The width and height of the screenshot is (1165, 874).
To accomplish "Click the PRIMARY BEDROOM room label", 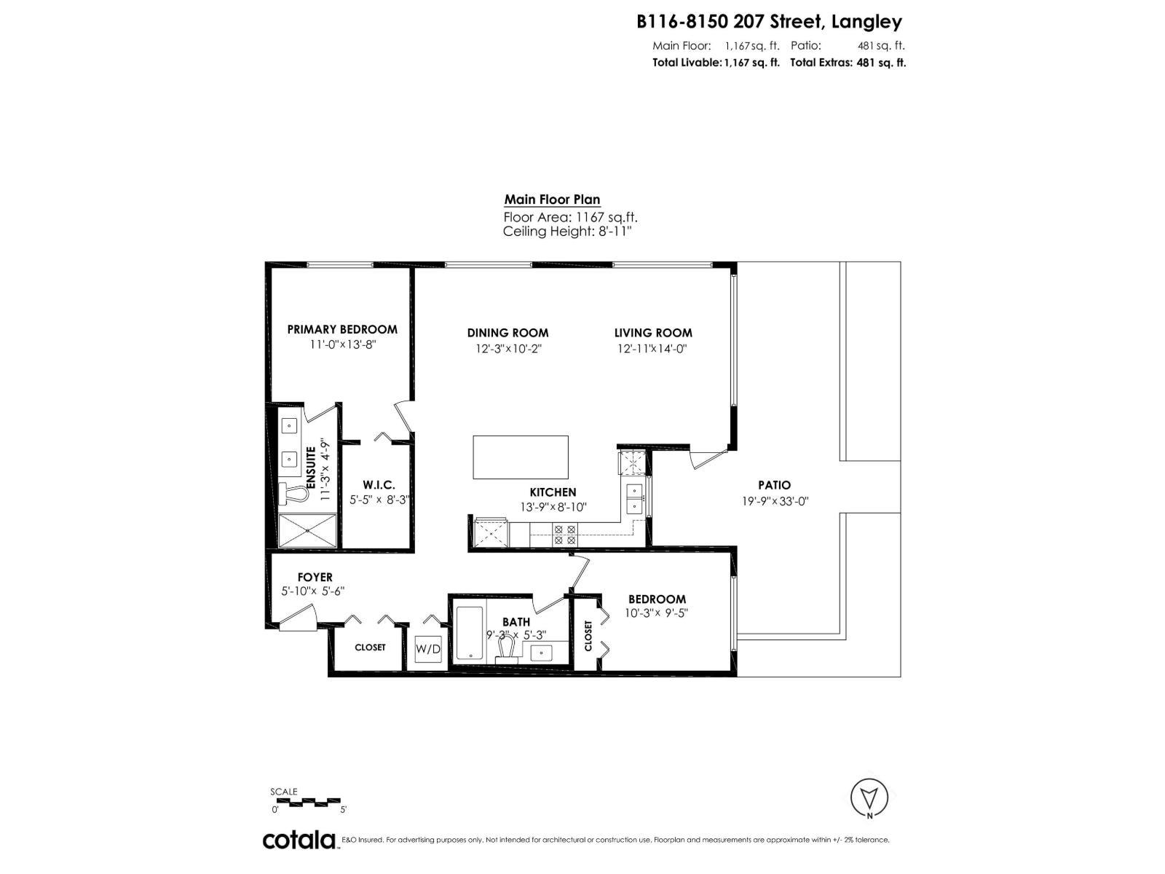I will tap(342, 329).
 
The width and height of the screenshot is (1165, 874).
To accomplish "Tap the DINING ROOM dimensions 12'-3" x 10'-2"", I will tap(508, 349).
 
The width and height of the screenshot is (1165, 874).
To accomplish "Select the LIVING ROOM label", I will tap(652, 333).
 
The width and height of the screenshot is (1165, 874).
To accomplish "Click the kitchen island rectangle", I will tap(521, 457).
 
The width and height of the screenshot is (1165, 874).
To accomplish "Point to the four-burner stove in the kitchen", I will tap(564, 535).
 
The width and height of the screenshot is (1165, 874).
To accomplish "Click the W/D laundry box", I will tap(428, 649).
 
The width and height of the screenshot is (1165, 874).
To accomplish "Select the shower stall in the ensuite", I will tap(308, 530).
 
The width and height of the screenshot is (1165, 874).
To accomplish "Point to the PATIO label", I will tap(774, 485).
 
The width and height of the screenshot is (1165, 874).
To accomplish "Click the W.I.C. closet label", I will tap(379, 485).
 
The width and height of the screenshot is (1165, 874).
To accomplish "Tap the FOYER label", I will tap(315, 578).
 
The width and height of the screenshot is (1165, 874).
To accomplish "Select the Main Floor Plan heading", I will tap(552, 200).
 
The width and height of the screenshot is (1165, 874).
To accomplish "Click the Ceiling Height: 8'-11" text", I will tap(566, 232).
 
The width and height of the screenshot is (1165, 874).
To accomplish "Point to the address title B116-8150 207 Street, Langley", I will tap(769, 22).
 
